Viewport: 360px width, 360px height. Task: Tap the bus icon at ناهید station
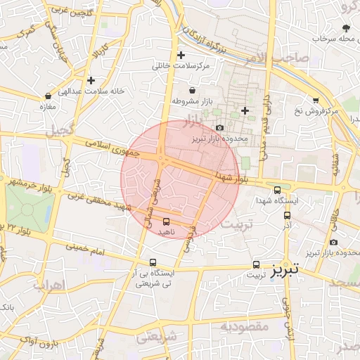point(166,221)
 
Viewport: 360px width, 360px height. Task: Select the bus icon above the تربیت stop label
point(256,265)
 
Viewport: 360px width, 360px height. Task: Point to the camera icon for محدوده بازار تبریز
point(220,127)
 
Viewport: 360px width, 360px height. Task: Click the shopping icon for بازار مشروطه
point(192,90)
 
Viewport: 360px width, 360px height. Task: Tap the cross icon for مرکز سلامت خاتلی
point(181,55)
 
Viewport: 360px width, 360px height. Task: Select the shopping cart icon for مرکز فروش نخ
point(316,100)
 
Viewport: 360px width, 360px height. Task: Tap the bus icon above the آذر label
point(287,215)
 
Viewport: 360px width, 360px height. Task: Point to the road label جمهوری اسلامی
point(113,147)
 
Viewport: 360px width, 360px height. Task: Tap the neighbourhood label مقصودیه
point(245,326)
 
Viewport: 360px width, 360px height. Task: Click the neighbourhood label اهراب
point(49,285)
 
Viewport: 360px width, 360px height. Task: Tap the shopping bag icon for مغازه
point(48,96)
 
